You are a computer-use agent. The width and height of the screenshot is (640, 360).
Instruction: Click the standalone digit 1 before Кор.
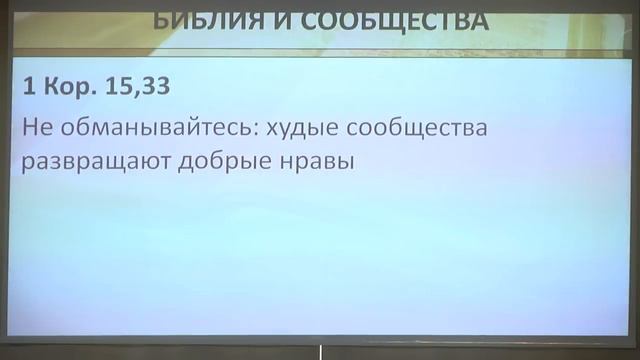pyautogui.click(x=31, y=87)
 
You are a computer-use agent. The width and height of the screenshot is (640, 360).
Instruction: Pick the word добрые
pyautogui.click(x=224, y=163)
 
